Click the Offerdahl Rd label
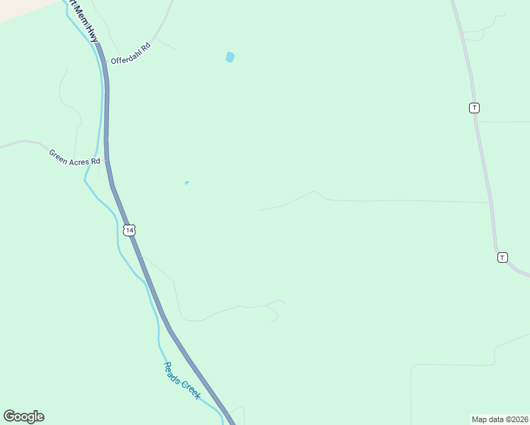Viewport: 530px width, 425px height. point(131,54)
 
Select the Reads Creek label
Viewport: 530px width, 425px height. point(182,380)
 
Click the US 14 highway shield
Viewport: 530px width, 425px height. point(128,229)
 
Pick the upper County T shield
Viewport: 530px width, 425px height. point(474,108)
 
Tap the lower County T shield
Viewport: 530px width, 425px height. point(502,257)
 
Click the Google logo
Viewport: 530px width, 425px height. point(23,416)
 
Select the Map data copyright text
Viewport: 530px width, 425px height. point(500,419)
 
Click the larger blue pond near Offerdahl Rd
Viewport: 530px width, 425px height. point(230,57)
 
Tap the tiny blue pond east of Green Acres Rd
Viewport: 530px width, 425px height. point(187,183)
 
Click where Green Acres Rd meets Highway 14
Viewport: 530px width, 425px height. point(106,160)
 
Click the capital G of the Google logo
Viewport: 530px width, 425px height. point(9,416)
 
